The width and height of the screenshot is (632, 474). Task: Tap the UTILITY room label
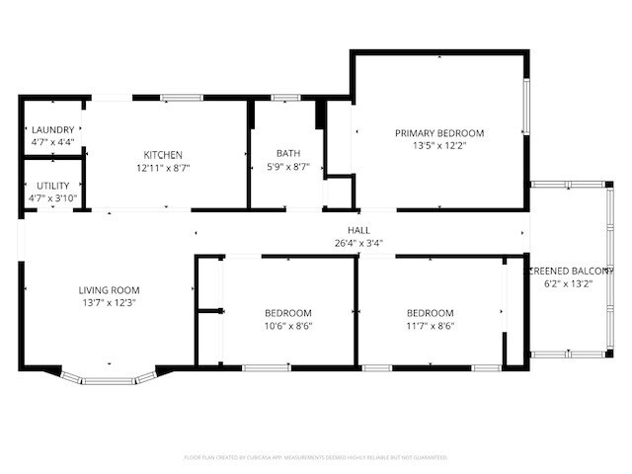52,186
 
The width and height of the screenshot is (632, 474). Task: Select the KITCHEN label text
163,155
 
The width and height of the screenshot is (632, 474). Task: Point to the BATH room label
288,153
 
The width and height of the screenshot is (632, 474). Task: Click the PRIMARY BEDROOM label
439,133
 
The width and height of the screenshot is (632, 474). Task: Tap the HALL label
344,229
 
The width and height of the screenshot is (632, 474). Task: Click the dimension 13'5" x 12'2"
439,146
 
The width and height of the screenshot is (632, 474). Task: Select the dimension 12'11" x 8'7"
163,168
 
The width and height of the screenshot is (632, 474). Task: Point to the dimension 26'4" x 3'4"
344,241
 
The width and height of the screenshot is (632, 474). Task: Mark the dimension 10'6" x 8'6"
288,326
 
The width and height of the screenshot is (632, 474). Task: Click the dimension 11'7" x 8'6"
431,326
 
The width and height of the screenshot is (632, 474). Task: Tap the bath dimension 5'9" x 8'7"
288,167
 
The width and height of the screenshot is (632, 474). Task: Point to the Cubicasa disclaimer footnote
316,457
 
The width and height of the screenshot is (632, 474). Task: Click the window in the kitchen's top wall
182,97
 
